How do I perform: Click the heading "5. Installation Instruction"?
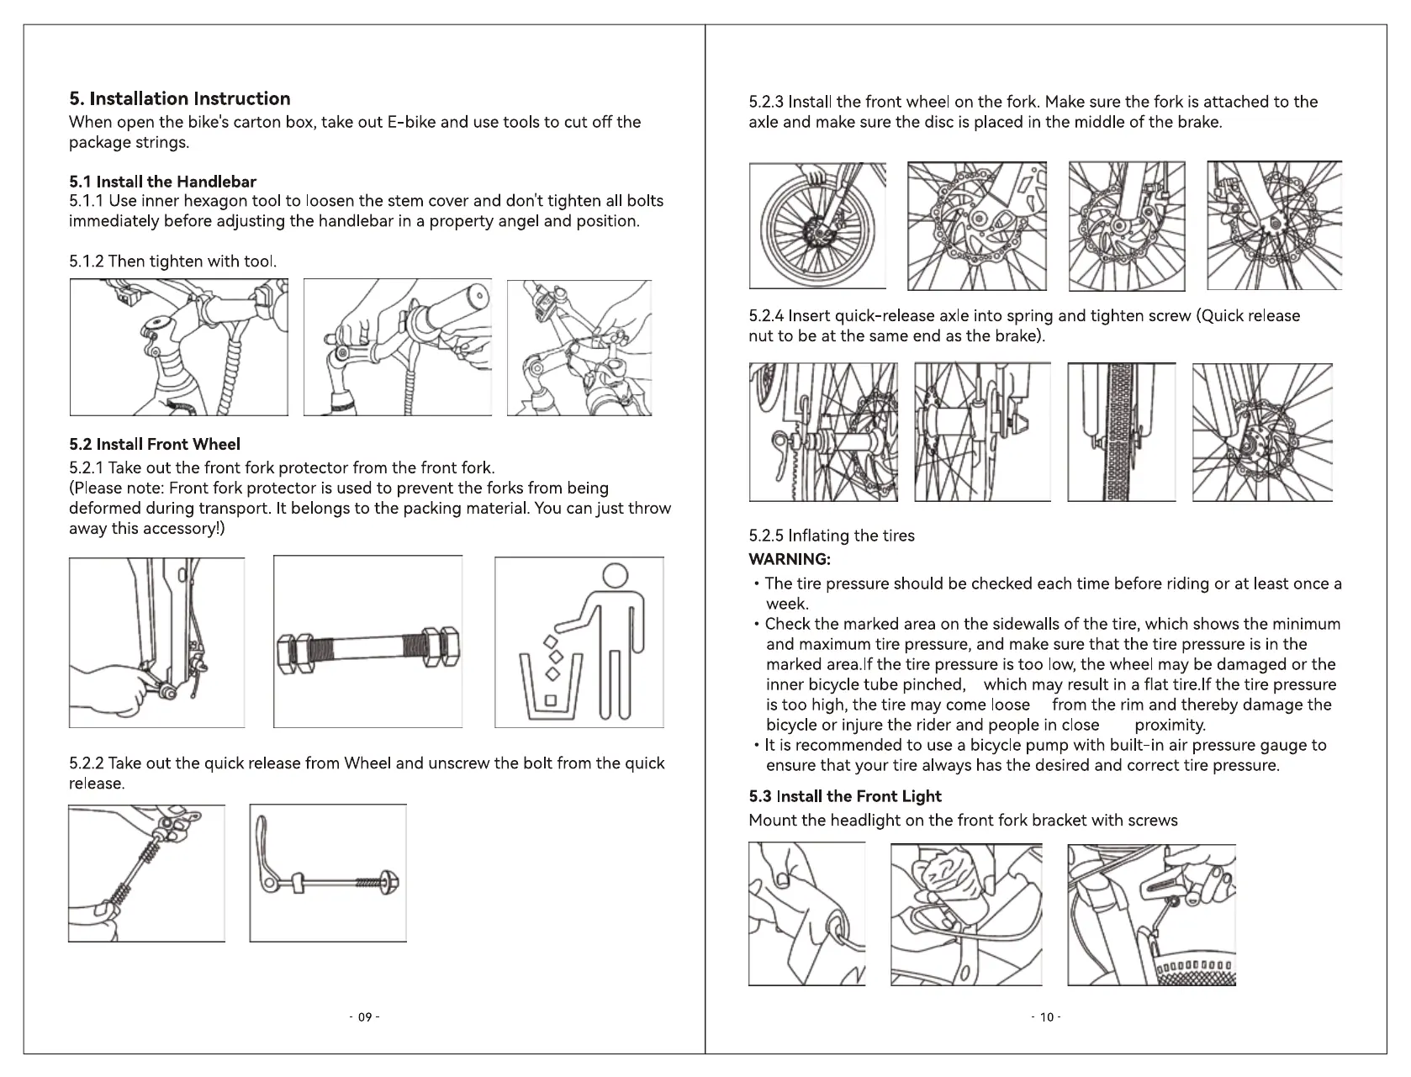pos(179,98)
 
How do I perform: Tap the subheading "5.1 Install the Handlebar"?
pos(162,182)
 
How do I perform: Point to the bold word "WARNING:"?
pos(790,559)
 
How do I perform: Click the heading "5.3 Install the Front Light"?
pos(844,796)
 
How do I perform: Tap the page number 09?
pos(365,1017)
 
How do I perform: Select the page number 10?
pos(1046,1017)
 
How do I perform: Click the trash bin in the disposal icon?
pos(551,687)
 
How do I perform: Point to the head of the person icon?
pos(616,575)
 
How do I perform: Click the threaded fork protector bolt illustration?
pos(367,651)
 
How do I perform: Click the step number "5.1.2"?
pos(87,261)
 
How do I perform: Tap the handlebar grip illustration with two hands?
pos(397,347)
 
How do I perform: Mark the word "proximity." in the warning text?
pos(1170,725)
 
